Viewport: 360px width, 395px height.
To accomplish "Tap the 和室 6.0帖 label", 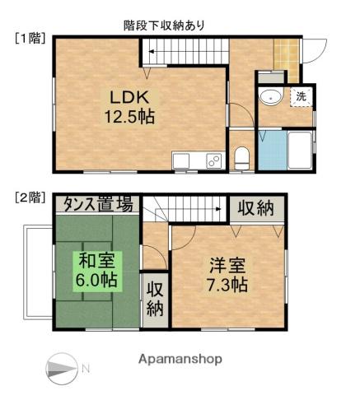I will click(97, 270).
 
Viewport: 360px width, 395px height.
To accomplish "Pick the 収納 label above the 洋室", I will click(255, 207).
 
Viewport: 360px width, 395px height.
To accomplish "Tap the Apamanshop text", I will click(180, 360).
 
